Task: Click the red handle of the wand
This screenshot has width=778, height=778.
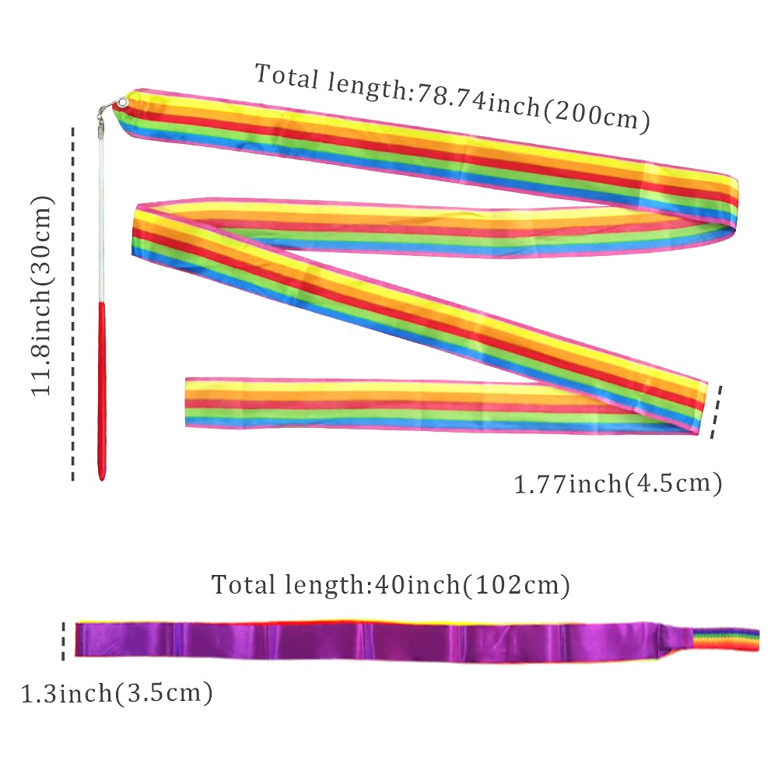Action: click(102, 392)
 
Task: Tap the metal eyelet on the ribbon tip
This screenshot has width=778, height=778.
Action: click(122, 103)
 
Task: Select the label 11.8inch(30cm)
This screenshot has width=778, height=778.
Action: click(41, 296)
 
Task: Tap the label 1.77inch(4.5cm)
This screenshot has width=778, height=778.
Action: click(618, 484)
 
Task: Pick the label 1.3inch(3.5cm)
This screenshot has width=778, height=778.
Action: click(117, 692)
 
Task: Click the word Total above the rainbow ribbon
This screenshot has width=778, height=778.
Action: click(287, 77)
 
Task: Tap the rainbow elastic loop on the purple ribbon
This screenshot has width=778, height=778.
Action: click(725, 640)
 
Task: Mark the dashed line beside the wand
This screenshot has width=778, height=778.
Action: click(73, 303)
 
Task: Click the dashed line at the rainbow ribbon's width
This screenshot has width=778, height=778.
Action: click(716, 412)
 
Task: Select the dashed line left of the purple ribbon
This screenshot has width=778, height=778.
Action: click(63, 641)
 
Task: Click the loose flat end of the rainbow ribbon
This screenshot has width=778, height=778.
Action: click(187, 402)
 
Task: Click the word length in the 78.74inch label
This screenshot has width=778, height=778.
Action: click(366, 89)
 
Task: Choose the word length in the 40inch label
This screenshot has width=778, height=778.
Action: click(325, 586)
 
